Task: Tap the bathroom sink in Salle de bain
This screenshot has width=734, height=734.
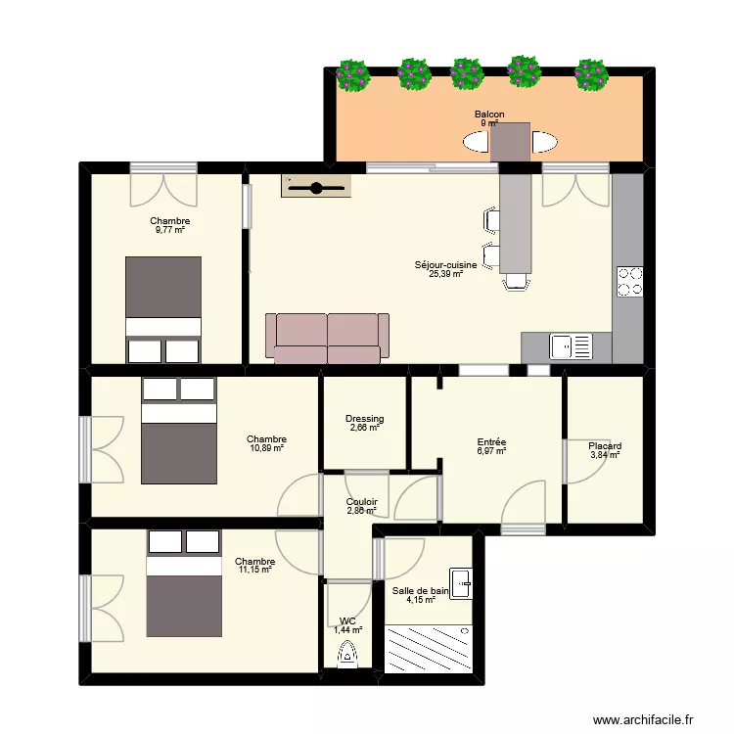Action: [460, 583]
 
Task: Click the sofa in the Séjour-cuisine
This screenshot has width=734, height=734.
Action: [327, 339]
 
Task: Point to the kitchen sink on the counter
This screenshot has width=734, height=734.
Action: [571, 346]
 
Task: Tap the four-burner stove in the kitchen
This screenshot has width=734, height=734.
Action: [628, 282]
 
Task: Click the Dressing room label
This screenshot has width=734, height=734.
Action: [364, 419]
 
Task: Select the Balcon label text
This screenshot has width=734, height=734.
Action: [489, 115]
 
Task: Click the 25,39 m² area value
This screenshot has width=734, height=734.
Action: [445, 275]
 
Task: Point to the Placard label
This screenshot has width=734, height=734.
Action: [605, 446]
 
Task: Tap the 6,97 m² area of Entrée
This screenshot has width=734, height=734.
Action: [491, 451]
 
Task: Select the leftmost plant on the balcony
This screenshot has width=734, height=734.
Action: [352, 73]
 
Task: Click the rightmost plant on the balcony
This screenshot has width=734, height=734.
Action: [590, 74]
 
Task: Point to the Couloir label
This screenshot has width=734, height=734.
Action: [361, 501]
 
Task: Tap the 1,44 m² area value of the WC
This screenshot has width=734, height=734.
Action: [347, 631]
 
